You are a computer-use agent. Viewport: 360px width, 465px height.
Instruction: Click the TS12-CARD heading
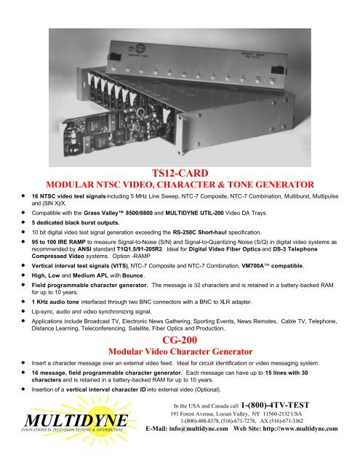pyautogui.click(x=179, y=173)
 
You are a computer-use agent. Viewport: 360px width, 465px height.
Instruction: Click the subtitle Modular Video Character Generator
pyautogui.click(x=179, y=351)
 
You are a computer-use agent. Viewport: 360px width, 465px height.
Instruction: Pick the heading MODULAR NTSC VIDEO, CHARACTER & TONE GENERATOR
pyautogui.click(x=179, y=185)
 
